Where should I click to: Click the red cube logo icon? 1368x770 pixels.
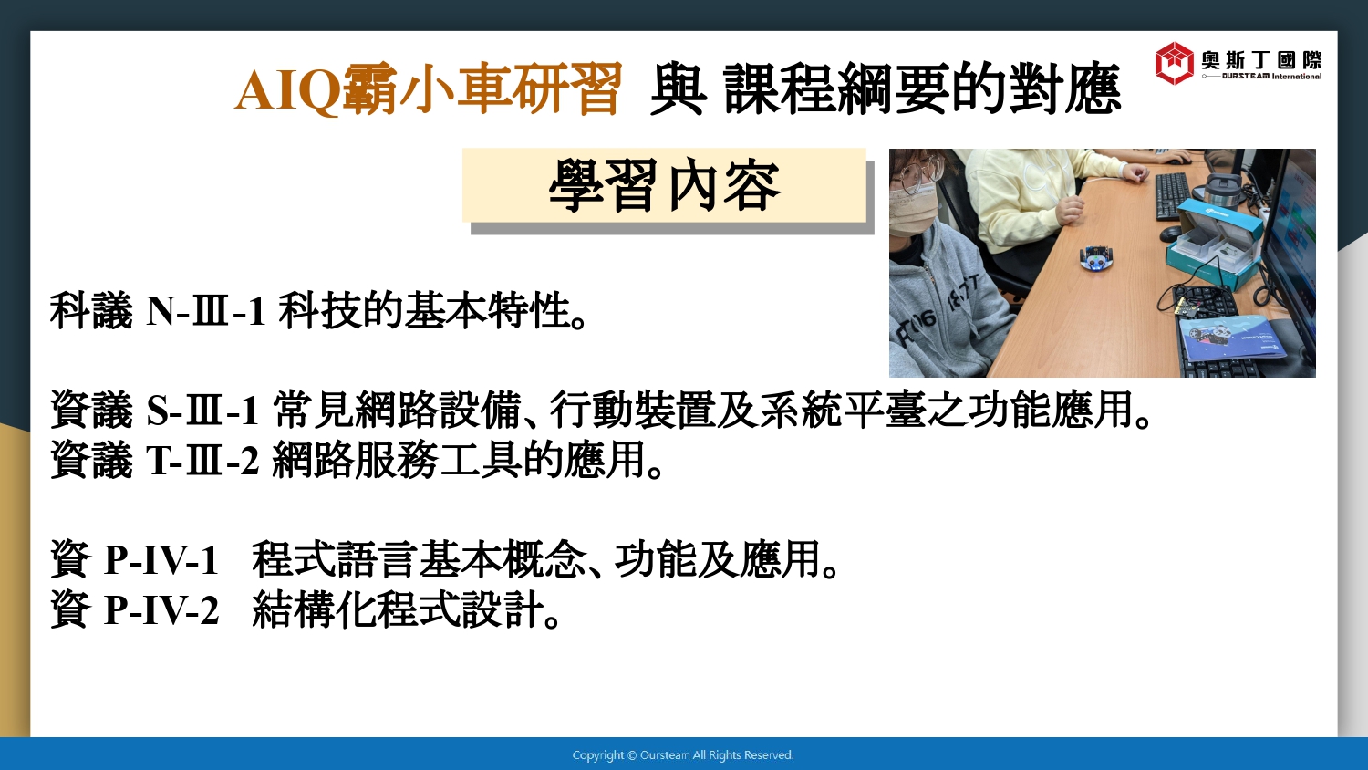pos(1174,63)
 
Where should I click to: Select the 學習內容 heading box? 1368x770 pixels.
pos(665,186)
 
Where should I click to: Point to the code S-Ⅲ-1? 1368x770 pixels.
pos(202,411)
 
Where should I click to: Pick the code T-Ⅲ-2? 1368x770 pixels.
pos(202,461)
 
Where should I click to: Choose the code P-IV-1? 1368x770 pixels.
pos(161,560)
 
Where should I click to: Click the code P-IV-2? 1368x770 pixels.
pos(161,610)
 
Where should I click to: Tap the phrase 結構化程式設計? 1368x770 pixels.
pos(398,610)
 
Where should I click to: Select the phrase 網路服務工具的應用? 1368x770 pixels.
pos(459,461)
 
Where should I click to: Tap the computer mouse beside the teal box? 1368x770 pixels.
pos(1169,233)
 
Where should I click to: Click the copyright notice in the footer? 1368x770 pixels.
pos(683,755)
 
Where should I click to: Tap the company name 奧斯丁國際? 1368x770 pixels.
pos(1261,60)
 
